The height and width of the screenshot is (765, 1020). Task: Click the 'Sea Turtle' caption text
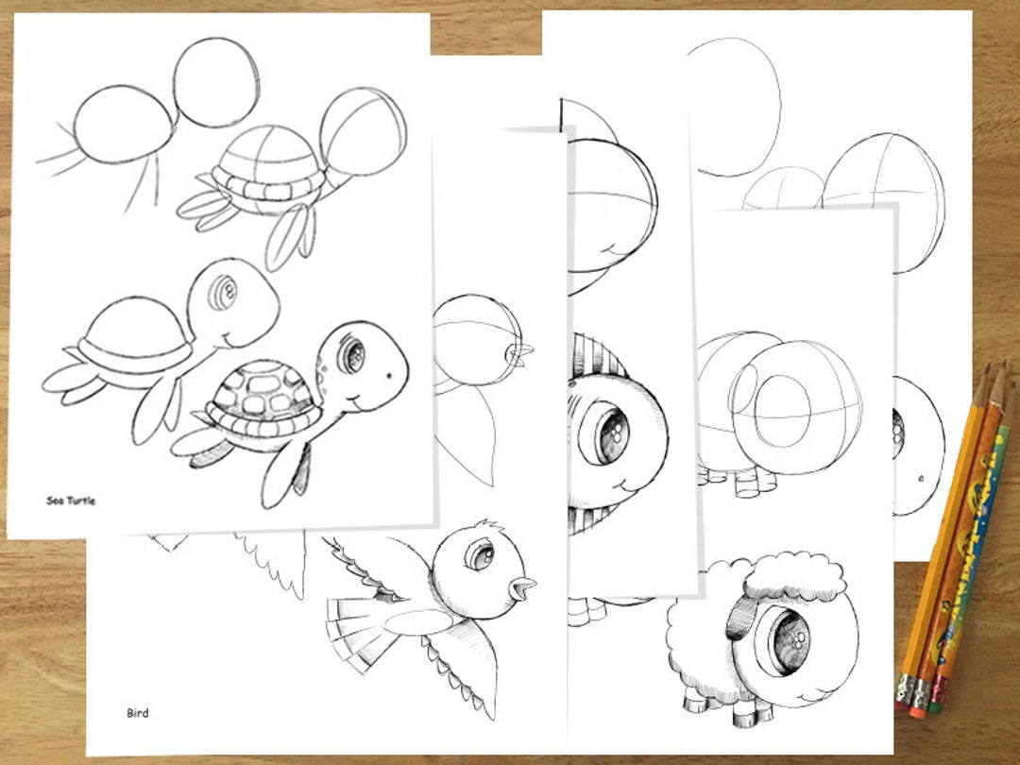coord(71,501)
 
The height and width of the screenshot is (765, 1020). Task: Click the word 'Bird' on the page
coord(138,713)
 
